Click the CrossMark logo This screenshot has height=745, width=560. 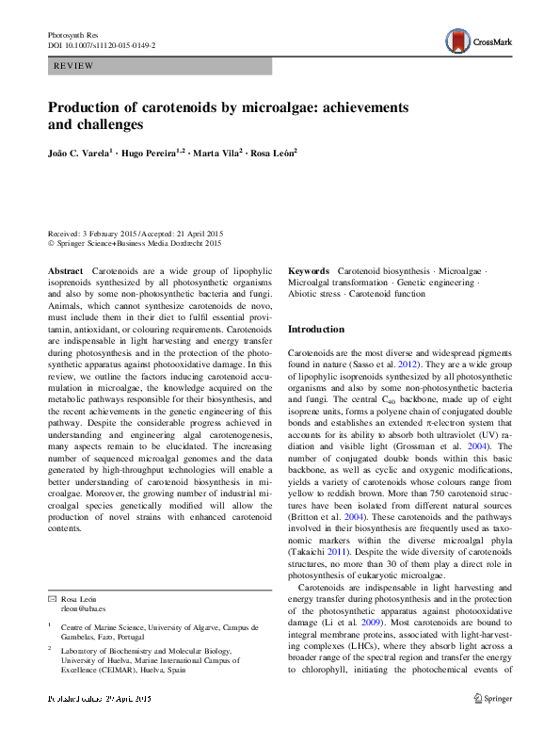[x=479, y=41]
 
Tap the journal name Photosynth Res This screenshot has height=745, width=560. [x=72, y=34]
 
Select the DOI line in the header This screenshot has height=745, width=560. [x=102, y=44]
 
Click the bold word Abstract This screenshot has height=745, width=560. [x=66, y=270]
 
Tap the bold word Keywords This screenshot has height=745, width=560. [x=309, y=270]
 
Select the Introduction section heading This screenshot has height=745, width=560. [x=316, y=330]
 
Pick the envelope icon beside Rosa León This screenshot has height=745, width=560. [x=51, y=600]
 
